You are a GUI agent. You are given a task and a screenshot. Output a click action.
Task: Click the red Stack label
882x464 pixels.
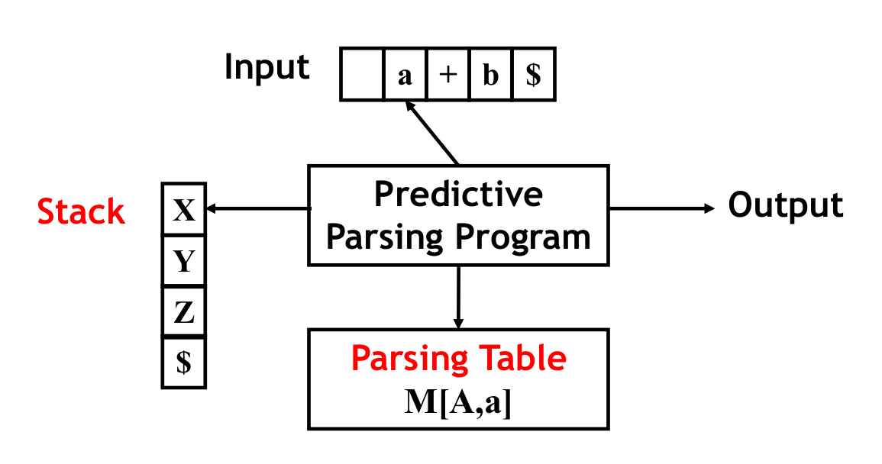(81, 211)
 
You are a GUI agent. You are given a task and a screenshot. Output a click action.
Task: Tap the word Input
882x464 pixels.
(267, 67)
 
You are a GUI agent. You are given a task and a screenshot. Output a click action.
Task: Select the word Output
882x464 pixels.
(786, 205)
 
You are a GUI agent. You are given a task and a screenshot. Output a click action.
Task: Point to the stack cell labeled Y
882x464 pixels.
(184, 262)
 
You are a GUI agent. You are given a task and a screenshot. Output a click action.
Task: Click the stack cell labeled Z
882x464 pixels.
(184, 312)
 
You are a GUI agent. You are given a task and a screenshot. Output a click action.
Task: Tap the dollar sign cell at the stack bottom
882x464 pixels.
(184, 362)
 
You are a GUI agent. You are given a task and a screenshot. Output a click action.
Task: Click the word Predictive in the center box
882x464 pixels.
(458, 195)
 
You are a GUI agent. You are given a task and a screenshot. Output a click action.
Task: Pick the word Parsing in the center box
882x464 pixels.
(388, 237)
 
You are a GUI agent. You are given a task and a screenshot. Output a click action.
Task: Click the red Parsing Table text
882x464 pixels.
(458, 358)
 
